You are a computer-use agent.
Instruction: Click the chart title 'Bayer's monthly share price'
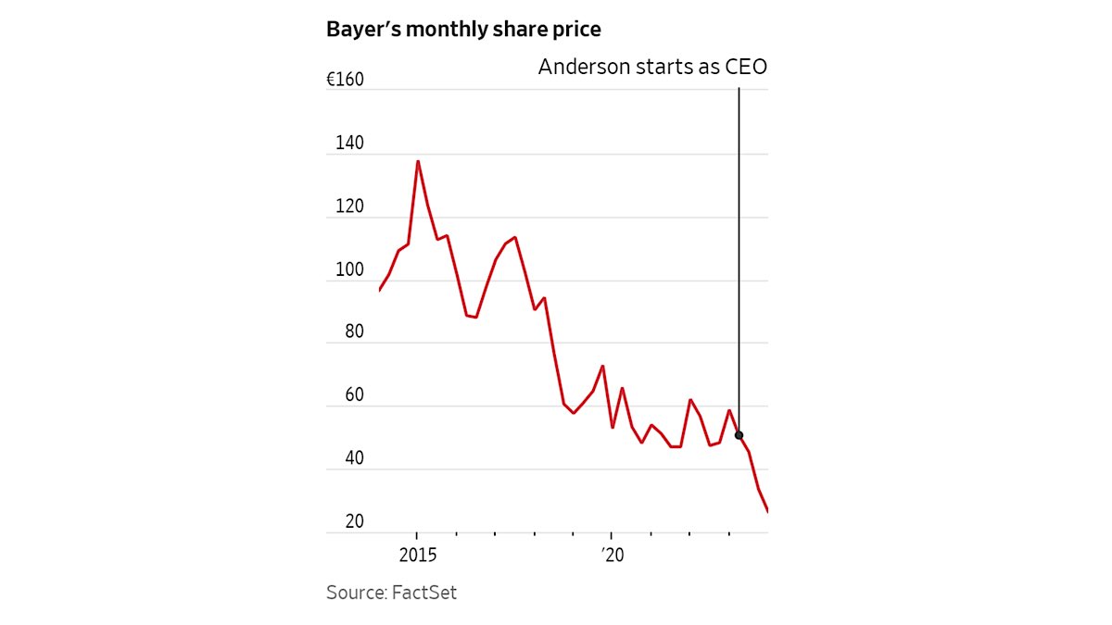463,30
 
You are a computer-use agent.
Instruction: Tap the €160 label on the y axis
345,81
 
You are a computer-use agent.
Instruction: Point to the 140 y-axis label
350,144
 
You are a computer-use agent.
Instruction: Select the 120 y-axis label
350,207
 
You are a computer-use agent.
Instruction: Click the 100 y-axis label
350,270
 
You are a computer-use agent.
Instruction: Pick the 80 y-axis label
354,333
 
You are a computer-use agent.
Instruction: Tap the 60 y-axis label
354,396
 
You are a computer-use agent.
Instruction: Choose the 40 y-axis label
354,459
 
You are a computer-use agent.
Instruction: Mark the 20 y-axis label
354,522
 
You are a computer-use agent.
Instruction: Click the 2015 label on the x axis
417,556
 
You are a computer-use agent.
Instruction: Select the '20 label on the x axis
612,556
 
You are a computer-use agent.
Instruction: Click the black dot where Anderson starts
739,435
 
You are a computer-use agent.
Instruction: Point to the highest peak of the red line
417,161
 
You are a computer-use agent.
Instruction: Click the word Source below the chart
356,593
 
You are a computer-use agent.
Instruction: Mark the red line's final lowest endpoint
767,511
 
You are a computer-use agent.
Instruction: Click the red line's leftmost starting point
380,291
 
